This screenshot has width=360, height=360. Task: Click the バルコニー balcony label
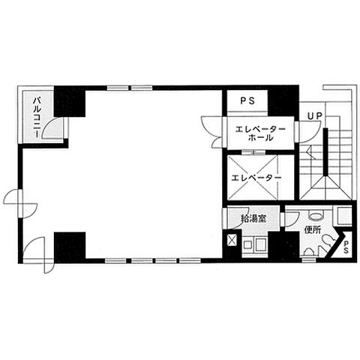pos(37,117)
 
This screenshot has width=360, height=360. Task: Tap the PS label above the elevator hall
pos(247,100)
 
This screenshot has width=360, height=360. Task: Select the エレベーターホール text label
pos(261,133)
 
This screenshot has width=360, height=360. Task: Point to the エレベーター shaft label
pos(256,178)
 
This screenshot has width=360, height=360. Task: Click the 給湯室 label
pos(253,219)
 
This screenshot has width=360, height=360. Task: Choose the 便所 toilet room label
pos(313,230)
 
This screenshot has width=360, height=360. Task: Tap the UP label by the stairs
pos(315,115)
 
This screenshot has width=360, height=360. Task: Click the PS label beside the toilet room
pos(346,247)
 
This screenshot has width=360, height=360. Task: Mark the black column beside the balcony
pos(70,101)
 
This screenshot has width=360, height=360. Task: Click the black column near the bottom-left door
pos(70,246)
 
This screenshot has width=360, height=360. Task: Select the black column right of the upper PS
pos(283,100)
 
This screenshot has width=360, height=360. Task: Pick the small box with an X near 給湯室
pos(232,241)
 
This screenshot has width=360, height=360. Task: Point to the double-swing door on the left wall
pos(20,204)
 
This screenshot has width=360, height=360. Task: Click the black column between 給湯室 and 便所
pos(283,244)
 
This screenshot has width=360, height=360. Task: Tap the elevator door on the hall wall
pos(253,152)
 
